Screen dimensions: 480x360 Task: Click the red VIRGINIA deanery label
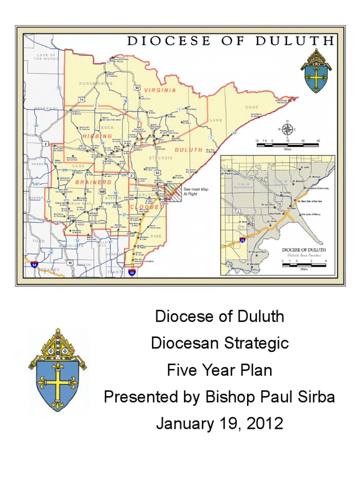pos(160,90)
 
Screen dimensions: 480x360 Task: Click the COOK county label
pos(252,107)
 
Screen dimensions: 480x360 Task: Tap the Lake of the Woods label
pos(46,57)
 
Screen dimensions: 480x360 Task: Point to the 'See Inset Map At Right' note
pos(194,191)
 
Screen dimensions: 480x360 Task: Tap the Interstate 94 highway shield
pos(34,264)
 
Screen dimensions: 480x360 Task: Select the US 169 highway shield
pos(102,191)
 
